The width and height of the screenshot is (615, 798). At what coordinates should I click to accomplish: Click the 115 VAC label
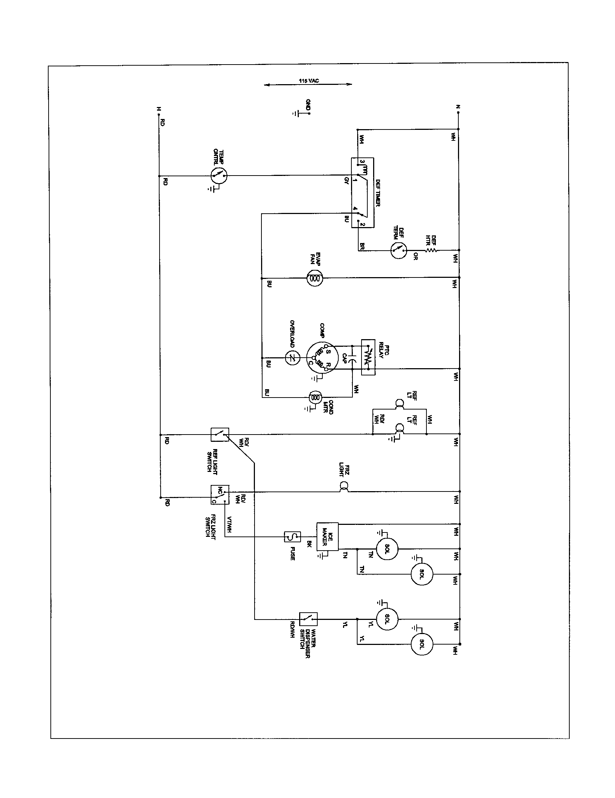click(309, 81)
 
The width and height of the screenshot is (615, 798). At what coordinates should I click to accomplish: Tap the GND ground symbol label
click(308, 105)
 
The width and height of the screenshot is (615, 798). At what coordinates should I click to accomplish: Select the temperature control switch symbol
click(219, 176)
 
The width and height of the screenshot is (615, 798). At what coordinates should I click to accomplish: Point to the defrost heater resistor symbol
click(431, 250)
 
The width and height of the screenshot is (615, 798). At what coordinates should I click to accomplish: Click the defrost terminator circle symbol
click(399, 250)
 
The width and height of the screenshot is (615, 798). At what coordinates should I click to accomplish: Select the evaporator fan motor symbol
click(314, 278)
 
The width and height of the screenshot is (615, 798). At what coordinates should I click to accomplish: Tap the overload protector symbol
click(292, 358)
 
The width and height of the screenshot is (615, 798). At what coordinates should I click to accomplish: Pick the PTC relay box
click(368, 357)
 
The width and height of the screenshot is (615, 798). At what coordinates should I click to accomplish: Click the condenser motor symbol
click(315, 397)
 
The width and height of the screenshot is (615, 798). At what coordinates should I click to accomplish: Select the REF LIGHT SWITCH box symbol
click(220, 435)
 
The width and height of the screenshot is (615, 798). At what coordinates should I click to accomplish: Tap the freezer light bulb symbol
click(344, 486)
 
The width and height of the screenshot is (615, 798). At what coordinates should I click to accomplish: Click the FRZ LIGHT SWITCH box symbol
click(220, 495)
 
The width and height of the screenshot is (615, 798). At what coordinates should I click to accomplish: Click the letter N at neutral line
click(458, 107)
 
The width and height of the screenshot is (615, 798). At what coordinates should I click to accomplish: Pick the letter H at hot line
click(158, 108)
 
